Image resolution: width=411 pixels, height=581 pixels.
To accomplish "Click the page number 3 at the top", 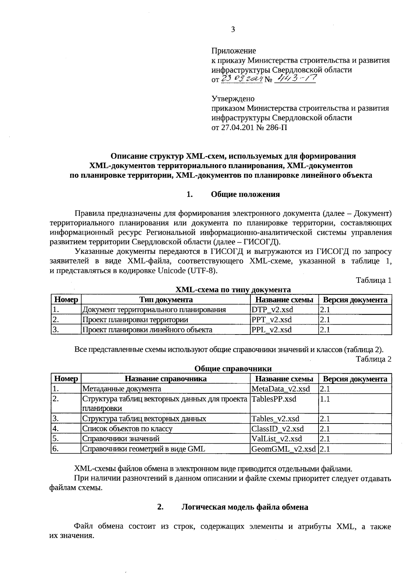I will pos(233,30).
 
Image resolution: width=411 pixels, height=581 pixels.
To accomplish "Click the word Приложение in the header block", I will pos(234,51).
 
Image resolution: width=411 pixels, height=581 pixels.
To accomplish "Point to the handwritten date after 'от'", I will pos(241,79).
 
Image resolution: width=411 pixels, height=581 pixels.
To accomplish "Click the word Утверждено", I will pos(233,99).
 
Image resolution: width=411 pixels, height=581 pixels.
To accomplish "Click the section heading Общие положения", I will pos(245,194).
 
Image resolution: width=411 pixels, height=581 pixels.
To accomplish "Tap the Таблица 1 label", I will pos(373,280).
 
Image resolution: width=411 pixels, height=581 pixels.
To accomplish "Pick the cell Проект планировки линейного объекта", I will pos(147,330).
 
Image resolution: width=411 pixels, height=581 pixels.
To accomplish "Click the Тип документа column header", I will pos(166,300).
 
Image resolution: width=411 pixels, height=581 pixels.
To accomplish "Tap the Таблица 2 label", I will pos(373,359).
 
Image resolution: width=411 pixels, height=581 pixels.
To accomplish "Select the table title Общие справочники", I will pos(233,369).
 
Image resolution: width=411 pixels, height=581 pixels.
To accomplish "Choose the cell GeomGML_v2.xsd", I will pos(284,449).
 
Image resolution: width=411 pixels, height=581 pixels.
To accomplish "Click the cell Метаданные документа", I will pos(122,389).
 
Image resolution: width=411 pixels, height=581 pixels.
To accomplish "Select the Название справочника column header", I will pos(165,379).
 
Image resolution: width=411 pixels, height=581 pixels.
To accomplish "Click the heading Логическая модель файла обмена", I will pos(245,507).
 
